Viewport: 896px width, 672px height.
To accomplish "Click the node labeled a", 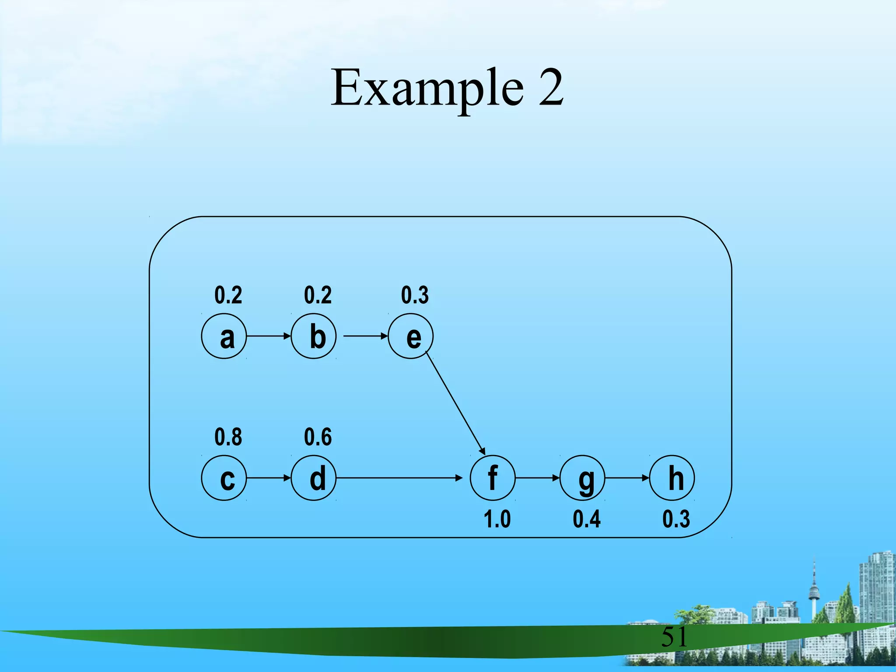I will click(224, 336).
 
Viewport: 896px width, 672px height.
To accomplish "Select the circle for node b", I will click(314, 336).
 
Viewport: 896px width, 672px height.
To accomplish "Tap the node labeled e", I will click(410, 336).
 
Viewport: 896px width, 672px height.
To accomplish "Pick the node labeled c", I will click(224, 478).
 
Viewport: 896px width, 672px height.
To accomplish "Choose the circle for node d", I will click(314, 478).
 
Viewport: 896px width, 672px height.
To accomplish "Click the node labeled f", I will click(493, 478).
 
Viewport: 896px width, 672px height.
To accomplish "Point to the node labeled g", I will click(582, 478).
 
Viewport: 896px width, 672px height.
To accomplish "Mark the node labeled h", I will click(672, 478).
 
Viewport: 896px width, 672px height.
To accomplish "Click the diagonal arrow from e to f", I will click(455, 402).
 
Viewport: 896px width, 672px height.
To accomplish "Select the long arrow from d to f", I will click(398, 478).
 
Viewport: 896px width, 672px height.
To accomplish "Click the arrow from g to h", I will click(627, 478).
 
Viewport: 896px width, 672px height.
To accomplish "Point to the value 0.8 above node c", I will click(228, 437).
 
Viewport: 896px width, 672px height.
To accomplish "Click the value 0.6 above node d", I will click(318, 437).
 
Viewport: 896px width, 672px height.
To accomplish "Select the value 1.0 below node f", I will click(497, 519).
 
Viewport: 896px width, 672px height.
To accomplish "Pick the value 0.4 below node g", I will click(587, 519).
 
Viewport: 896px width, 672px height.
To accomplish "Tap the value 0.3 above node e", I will click(415, 295).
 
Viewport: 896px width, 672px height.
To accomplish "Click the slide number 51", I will click(674, 637).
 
